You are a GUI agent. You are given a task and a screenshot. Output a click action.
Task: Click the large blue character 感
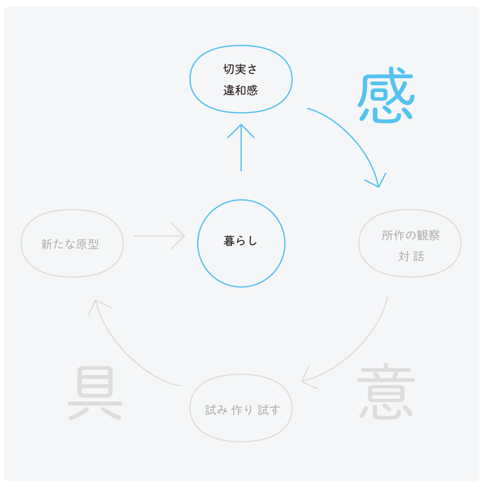[x=386, y=96]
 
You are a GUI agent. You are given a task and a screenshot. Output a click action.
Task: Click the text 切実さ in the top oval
[x=240, y=69]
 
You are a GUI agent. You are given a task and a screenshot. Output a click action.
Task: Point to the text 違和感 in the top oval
[x=240, y=91]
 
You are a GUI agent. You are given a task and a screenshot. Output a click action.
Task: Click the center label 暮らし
[x=240, y=241]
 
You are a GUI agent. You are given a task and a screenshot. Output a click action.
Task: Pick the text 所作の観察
[x=410, y=236]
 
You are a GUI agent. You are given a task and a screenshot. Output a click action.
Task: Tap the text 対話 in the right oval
[x=410, y=256]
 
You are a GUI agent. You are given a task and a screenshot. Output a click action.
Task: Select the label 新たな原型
[x=70, y=244]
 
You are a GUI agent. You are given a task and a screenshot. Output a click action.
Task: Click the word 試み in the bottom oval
[x=216, y=410]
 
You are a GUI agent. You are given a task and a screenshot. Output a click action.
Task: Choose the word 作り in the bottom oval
[x=242, y=410]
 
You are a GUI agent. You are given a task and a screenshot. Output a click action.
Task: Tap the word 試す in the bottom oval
[x=269, y=410]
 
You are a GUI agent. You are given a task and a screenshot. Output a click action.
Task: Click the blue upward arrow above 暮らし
[x=241, y=147]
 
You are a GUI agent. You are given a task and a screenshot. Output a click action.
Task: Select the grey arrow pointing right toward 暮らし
[x=159, y=236]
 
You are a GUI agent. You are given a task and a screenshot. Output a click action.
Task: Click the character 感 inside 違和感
[x=252, y=91]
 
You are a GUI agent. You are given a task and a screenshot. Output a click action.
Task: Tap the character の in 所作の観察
[x=410, y=236]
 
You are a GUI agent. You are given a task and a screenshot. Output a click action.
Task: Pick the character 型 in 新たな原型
[x=93, y=244]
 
